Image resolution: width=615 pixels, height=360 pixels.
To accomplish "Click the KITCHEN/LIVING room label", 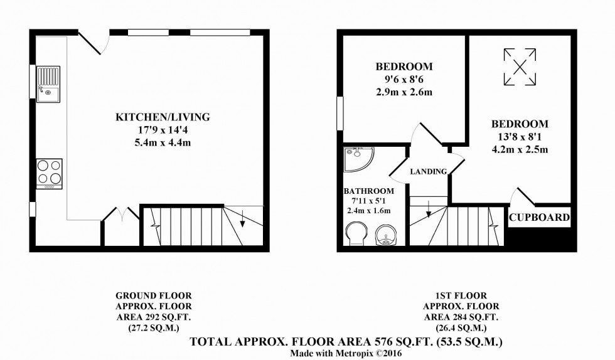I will tap(162, 117).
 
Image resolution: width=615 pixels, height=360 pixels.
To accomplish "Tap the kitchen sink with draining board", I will tap(48, 84).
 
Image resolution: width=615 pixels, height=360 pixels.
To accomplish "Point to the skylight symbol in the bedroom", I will tap(520, 67).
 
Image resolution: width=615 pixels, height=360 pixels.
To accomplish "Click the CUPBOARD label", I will tap(539, 218).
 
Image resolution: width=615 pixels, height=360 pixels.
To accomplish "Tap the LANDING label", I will tap(429, 172).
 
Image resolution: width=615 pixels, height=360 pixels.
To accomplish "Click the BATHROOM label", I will tap(368, 191).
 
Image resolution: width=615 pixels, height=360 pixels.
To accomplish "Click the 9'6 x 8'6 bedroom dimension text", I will tap(404, 80).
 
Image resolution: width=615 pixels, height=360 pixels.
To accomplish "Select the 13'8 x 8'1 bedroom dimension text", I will tap(520, 137).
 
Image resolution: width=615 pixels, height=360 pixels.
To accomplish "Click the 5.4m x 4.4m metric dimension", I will tap(162, 142).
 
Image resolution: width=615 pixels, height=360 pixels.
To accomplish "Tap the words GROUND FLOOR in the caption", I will tap(154, 295).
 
